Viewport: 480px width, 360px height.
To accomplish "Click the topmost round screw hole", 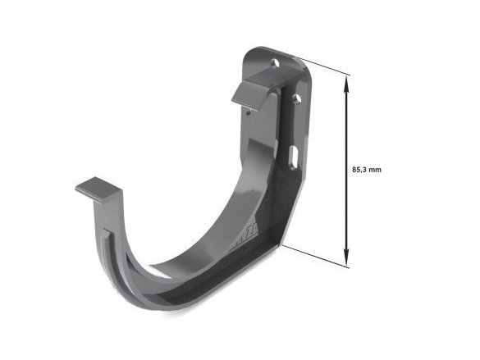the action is [x=276, y=64].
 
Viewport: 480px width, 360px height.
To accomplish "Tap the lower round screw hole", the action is [x=296, y=98].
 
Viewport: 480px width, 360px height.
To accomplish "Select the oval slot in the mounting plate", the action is [x=293, y=157].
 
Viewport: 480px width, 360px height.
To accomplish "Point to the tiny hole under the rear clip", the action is [x=249, y=113].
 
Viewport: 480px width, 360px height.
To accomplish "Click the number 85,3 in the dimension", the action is [x=359, y=170].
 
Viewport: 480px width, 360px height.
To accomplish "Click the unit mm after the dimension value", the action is [x=375, y=170].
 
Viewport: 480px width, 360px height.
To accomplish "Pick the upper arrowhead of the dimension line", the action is [x=346, y=84].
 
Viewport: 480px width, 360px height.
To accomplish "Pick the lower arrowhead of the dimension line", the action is [x=346, y=257].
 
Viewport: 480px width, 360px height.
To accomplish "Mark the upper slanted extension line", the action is [x=321, y=66].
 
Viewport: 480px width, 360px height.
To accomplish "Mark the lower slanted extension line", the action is [x=315, y=257].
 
